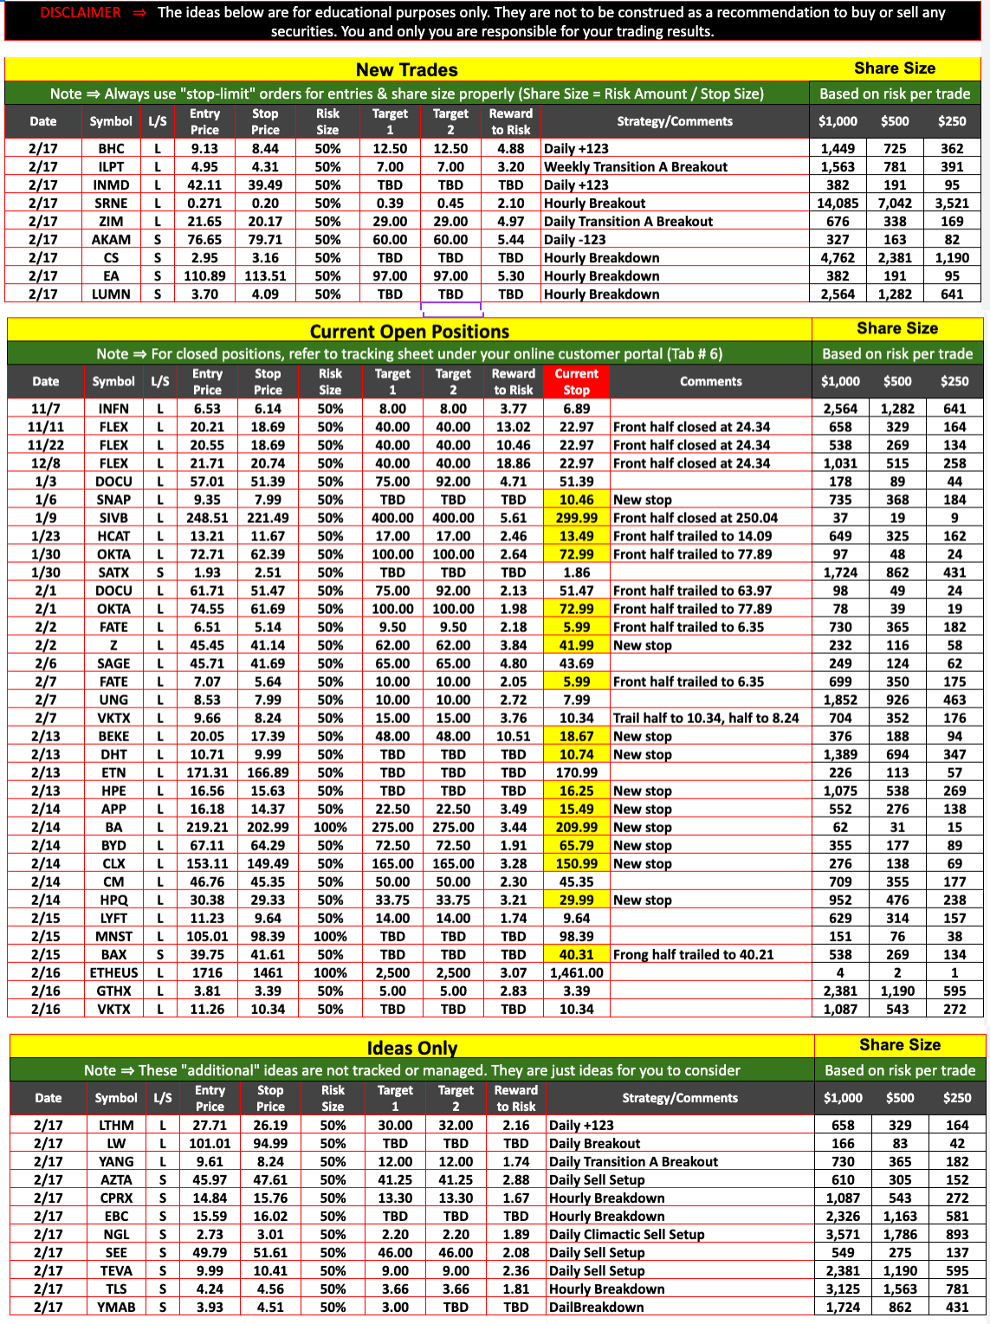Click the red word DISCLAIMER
tap(81, 12)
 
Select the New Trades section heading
tap(406, 69)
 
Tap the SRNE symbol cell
tap(111, 203)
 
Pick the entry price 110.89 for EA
tap(204, 275)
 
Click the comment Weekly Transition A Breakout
tap(635, 166)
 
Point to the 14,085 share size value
tap(837, 203)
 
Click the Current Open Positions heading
tap(409, 331)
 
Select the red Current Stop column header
tap(576, 381)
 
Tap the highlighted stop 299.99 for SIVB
tap(576, 518)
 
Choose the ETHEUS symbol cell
tap(113, 972)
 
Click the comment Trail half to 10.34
tap(705, 718)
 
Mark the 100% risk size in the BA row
tap(330, 827)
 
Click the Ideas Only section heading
tap(411, 1048)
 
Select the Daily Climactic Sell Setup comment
tap(626, 1234)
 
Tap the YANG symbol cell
tap(116, 1161)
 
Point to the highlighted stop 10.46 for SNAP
tap(576, 500)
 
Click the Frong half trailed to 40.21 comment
tap(693, 954)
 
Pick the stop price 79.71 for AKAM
tap(265, 239)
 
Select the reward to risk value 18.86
tap(514, 463)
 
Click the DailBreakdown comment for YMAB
tap(596, 1307)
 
